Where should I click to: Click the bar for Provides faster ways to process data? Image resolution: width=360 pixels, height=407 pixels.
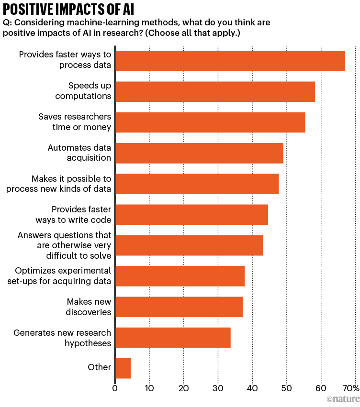tap(230, 61)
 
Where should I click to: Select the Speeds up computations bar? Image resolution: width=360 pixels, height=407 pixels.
tap(215, 91)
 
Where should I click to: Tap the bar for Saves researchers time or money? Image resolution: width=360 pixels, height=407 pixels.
tap(210, 122)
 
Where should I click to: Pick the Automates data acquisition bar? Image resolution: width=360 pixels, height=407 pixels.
tap(199, 153)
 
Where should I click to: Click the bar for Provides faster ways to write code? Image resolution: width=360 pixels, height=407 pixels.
tap(191, 214)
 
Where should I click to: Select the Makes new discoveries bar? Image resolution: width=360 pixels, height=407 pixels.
tap(179, 307)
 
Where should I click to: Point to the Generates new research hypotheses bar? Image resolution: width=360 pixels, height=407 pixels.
tap(173, 338)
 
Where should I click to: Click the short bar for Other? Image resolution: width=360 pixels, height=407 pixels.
tap(123, 368)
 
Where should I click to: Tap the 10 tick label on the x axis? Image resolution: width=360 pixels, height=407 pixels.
tap(149, 388)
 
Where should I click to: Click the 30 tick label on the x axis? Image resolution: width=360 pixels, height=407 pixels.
tap(218, 388)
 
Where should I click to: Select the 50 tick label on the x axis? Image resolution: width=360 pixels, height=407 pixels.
tap(286, 388)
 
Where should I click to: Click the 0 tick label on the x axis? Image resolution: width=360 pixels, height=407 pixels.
tap(115, 388)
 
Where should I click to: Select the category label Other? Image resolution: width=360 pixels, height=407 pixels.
tap(100, 367)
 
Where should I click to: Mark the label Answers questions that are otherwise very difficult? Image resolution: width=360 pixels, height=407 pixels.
tap(64, 245)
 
